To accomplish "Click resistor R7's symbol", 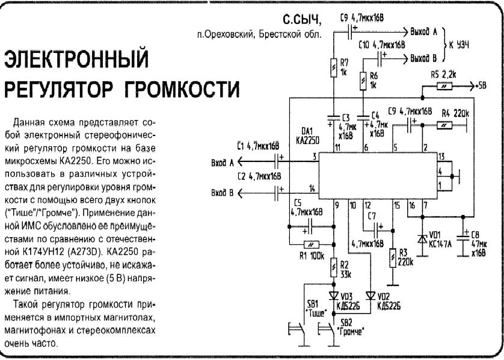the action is [x=334, y=68].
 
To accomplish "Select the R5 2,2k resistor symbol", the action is [x=444, y=86].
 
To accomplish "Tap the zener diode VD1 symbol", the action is [x=422, y=239].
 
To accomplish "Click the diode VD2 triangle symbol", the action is [x=370, y=296].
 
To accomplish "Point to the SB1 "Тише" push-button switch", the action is [x=297, y=329].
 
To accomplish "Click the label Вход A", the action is [x=223, y=163].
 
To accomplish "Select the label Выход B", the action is [x=423, y=58].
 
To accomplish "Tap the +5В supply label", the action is [x=481, y=86].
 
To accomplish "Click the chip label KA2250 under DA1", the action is [x=307, y=140].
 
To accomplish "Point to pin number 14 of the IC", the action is [x=312, y=188].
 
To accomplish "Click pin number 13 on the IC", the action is [x=441, y=157].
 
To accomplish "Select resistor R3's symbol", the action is [x=393, y=258].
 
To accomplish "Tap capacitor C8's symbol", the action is [x=463, y=237].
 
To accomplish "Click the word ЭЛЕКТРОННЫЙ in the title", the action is [x=76, y=58].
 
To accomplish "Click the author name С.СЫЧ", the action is [x=302, y=20].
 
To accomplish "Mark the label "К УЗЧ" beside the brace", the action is [x=459, y=45].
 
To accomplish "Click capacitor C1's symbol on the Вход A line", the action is [x=277, y=161].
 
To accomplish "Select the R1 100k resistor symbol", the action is [x=311, y=245].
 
